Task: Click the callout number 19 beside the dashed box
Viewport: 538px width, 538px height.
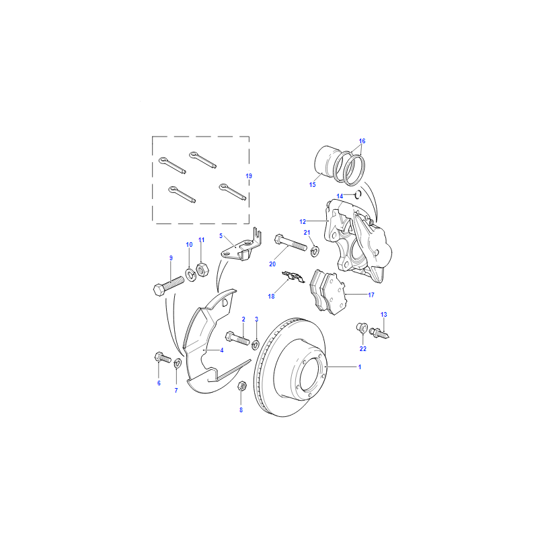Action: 249,176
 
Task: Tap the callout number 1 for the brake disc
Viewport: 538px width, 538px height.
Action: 360,367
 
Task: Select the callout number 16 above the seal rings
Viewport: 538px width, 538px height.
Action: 362,141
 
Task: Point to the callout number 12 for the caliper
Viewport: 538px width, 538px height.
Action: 302,222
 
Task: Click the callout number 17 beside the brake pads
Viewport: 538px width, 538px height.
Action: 371,295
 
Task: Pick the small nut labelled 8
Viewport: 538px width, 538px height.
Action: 241,385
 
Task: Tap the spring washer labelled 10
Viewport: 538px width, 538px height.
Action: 190,274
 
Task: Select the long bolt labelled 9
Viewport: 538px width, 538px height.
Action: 168,285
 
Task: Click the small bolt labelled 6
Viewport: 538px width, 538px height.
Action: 163,358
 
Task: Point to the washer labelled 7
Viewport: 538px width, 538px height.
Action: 178,363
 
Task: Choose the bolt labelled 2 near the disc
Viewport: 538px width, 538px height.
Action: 237,338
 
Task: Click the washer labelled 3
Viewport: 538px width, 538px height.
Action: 256,344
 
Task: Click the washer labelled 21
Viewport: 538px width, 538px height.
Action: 314,251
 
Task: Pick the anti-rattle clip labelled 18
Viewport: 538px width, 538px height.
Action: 293,276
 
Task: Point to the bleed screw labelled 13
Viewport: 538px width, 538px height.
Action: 379,333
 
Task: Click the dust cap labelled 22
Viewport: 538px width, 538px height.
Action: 362,328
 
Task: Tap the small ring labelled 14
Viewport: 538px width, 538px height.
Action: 357,194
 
